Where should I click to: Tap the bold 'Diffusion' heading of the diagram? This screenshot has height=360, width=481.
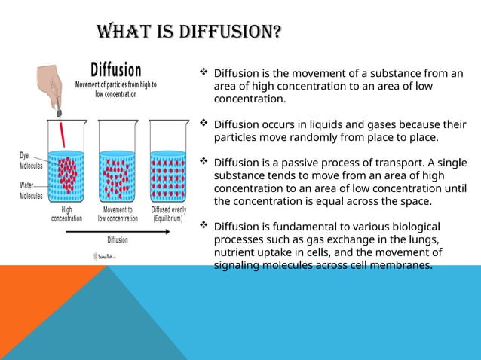pos(115,68)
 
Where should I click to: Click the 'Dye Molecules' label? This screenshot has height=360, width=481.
pos(31,160)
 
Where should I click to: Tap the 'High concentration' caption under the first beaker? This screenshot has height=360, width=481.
pos(66,215)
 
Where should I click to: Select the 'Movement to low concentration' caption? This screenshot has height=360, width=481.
pos(118,215)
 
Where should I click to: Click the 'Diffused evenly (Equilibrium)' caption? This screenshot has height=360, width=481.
pos(169,215)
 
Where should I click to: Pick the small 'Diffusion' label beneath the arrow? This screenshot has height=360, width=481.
pos(118,240)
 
